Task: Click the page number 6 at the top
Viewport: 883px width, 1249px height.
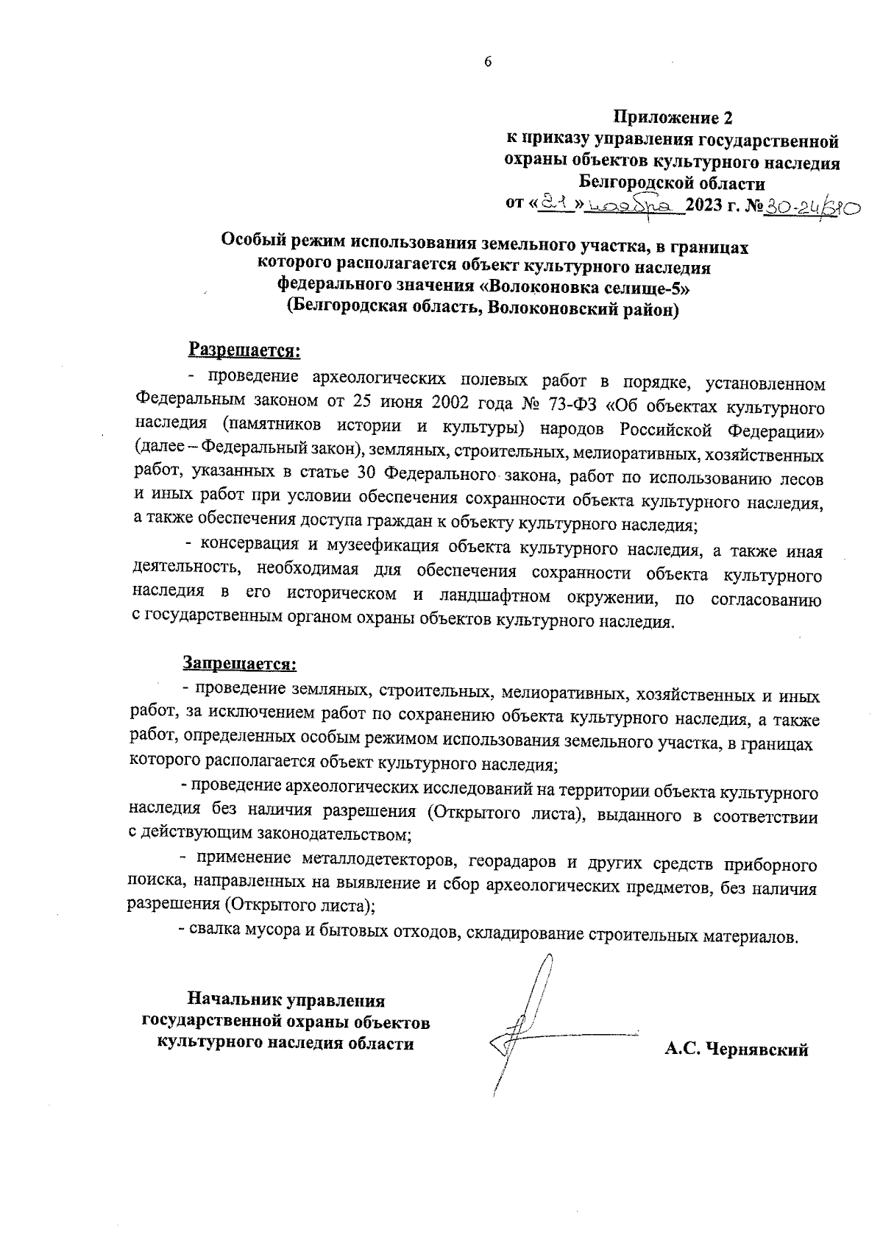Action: [x=487, y=62]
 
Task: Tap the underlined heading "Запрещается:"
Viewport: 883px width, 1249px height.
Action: [x=240, y=663]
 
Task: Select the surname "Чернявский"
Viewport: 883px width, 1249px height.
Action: [x=757, y=1050]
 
